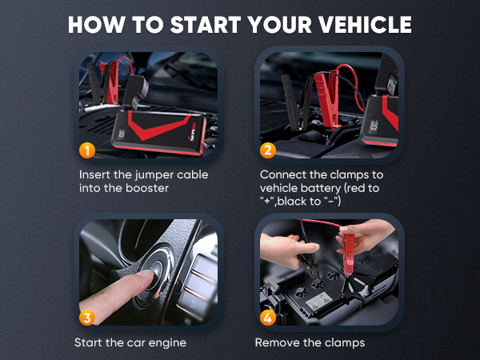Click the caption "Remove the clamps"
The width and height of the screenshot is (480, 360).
(310, 343)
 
